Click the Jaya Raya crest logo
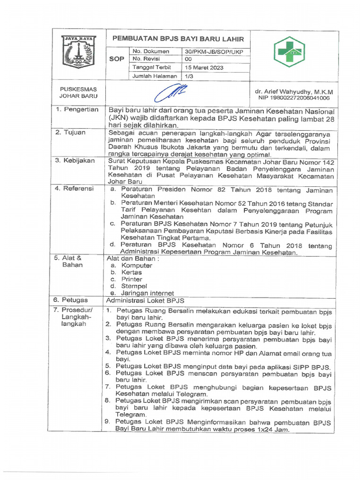pos(79,52)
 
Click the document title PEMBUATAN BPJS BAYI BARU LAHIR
pos(178,40)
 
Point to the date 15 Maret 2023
pos(204,67)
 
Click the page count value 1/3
pos(189,76)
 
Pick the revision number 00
pos(188,59)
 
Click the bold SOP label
pos(117,59)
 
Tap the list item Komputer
pos(137,266)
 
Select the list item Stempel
pos(134,286)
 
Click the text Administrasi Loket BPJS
pos(145,300)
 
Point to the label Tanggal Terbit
pos(151,67)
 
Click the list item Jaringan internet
pos(147,293)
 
